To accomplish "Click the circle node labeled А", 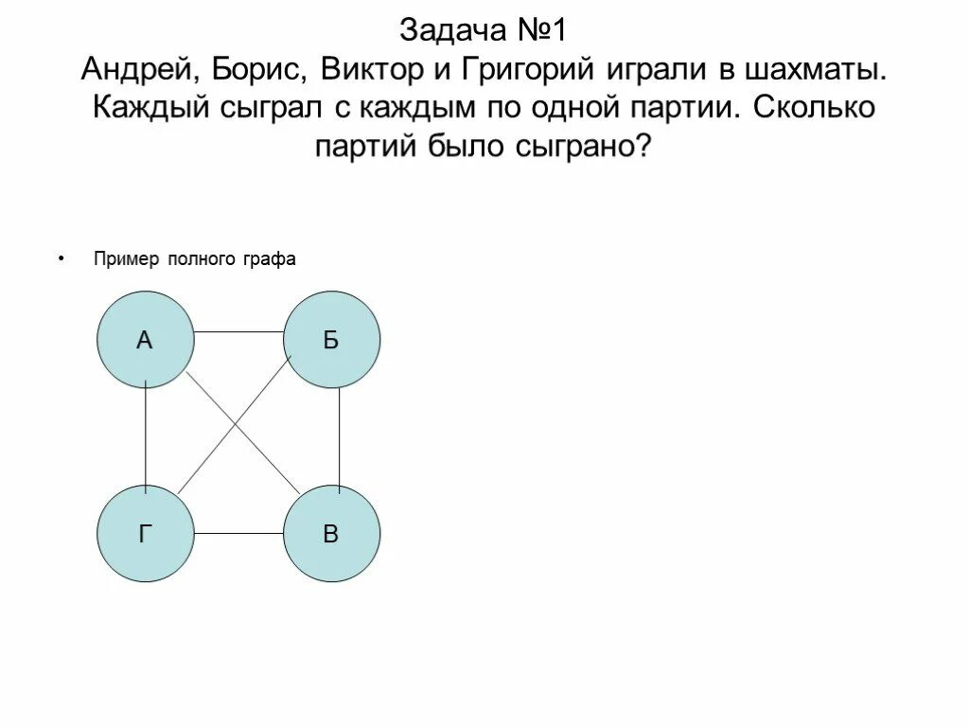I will [145, 340].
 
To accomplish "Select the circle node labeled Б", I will [331, 340].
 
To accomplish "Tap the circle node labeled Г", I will [145, 534].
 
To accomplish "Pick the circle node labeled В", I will [331, 534].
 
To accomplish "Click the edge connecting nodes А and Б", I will [238, 332].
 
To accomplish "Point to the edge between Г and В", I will [238, 534].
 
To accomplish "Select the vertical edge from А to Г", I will [146, 436].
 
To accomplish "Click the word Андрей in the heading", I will [132, 69].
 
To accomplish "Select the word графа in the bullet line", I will [273, 259].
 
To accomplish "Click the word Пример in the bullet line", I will [127, 259].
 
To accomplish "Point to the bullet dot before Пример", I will [62, 257].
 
